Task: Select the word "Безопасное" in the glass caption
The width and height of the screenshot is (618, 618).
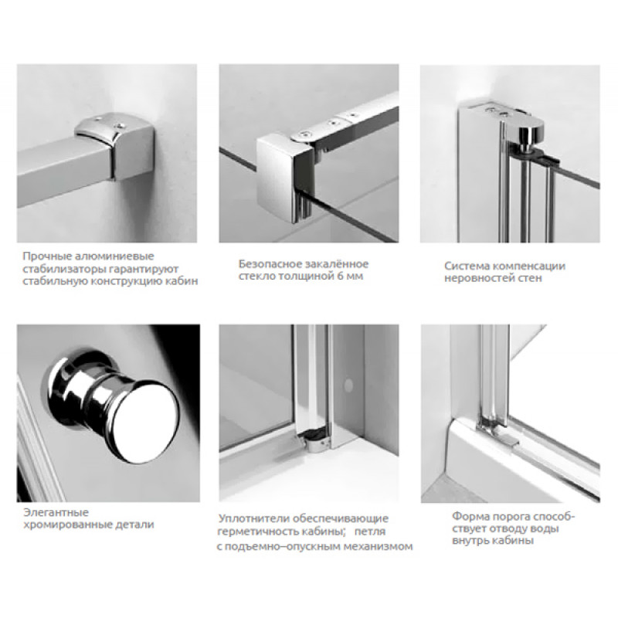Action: (x=269, y=263)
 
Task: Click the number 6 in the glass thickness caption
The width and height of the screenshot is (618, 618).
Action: (x=340, y=276)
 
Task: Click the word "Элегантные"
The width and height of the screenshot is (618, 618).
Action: (x=56, y=513)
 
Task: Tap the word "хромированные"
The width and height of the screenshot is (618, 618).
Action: (x=67, y=525)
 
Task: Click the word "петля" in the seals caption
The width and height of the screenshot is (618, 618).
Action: (x=370, y=531)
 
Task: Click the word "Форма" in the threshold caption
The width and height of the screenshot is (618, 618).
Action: (x=468, y=516)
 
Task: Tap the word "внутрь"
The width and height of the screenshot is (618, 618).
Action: (x=470, y=541)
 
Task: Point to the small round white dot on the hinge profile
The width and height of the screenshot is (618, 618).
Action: (x=348, y=385)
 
